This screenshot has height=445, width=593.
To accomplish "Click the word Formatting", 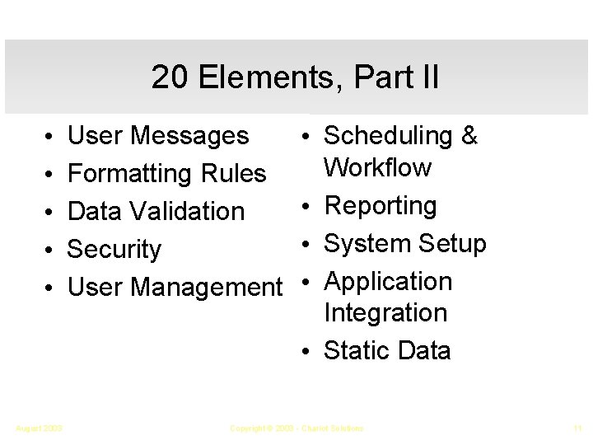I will (x=129, y=174).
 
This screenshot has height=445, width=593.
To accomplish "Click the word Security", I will (x=114, y=249).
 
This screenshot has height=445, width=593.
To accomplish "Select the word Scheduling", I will (x=389, y=136).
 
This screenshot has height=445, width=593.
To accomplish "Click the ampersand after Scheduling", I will (x=469, y=135).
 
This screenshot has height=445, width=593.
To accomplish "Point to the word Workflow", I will (x=377, y=167).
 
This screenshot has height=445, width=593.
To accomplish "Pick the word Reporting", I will (x=381, y=206).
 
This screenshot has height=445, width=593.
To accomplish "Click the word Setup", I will (x=452, y=244).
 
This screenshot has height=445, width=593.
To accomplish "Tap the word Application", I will (x=388, y=282).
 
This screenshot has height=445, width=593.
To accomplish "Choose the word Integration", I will (x=385, y=313).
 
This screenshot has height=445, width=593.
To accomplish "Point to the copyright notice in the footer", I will (x=296, y=428).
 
